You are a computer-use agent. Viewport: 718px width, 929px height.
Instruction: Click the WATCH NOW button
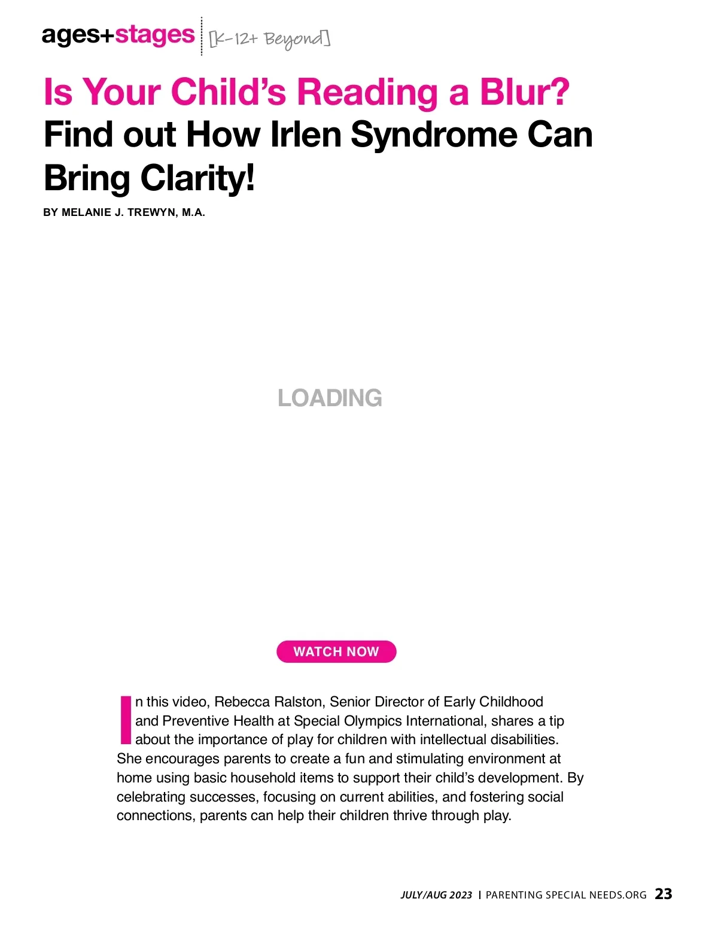pos(336,651)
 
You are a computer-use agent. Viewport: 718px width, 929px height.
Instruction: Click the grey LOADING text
pos(330,398)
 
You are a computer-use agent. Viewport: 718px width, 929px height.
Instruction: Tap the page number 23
pos(664,894)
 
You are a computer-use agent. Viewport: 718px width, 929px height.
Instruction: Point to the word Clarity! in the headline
pos(197,178)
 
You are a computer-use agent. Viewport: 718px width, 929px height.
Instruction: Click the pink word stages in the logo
pos(155,35)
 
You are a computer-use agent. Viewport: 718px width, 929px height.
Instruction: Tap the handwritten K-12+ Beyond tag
pos(269,38)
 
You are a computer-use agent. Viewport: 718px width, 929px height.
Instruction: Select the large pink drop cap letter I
pos(125,719)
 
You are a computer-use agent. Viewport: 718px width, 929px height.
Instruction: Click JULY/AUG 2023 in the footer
pos(436,895)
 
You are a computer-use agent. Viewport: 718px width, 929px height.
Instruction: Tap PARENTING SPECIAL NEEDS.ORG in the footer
pos(566,895)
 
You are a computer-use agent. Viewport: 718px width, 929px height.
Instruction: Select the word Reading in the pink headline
pos(368,92)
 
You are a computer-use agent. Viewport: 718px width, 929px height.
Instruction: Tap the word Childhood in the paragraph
pos(511,702)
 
